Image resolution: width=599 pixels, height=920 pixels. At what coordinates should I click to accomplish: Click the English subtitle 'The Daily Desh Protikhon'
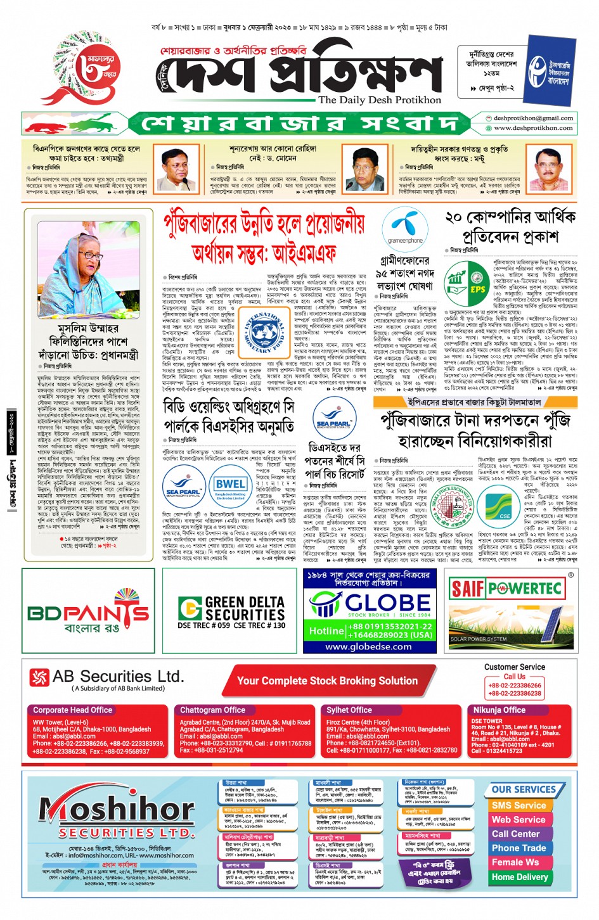(x=380, y=99)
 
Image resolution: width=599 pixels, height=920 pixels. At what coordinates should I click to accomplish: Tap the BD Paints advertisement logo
(x=88, y=611)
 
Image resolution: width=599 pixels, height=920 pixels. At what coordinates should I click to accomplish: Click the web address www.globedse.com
(x=368, y=646)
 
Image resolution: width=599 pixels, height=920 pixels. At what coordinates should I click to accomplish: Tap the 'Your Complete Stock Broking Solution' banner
(x=327, y=681)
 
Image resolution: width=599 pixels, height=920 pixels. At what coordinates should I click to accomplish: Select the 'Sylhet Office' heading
(x=349, y=710)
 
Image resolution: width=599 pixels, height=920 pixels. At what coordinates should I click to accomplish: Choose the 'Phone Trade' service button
(x=518, y=848)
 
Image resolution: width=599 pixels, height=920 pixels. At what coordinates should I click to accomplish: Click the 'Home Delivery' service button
(x=520, y=877)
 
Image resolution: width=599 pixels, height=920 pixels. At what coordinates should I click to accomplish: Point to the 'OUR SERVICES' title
(x=524, y=789)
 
